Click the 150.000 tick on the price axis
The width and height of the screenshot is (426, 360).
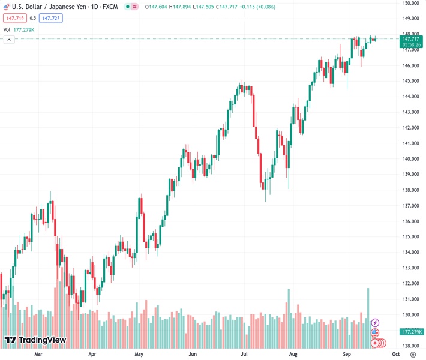(410, 3)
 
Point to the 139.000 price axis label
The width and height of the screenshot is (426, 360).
(410, 175)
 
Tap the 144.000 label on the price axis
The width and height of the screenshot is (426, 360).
(410, 97)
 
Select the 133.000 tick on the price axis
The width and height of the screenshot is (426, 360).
(410, 268)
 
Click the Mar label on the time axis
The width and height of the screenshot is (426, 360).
(38, 354)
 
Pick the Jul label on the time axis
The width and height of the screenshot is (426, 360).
(245, 354)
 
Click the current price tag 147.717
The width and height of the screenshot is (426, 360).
(411, 39)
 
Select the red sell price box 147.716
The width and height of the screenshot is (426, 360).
(14, 18)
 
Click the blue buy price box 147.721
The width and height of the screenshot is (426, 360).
(51, 18)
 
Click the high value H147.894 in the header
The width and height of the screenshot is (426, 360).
(181, 7)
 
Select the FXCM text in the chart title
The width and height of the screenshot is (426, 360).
(110, 7)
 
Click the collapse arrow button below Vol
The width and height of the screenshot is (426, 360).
(9, 40)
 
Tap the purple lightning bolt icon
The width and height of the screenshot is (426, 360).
(375, 323)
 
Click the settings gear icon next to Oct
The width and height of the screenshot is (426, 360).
(413, 354)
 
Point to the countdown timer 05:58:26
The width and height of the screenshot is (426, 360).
(412, 45)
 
